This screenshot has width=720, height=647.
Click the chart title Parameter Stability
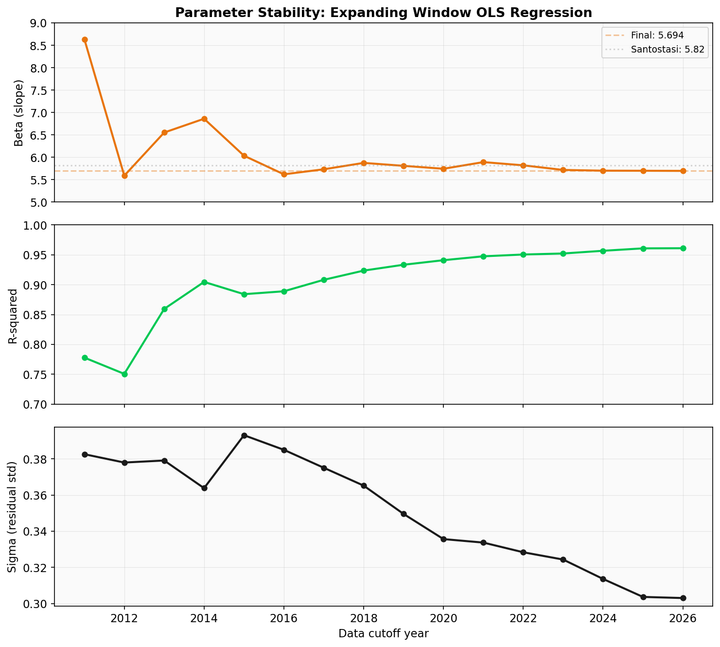pos(384,13)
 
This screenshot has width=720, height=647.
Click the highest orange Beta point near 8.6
pos(85,40)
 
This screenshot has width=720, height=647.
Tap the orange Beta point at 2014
pos(204,119)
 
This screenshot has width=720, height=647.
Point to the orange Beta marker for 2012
pos(124,176)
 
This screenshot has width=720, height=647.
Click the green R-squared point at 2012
pos(124,374)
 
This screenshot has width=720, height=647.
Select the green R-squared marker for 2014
pos(204,282)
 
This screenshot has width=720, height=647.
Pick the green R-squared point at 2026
pos(683,248)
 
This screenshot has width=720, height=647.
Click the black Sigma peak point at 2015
pos(244,435)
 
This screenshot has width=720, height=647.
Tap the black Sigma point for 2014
pos(204,488)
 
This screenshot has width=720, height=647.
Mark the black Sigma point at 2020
pos(443,539)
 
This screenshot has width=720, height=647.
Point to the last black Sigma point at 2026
pos(683,598)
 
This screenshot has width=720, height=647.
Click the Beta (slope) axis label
pos(19,112)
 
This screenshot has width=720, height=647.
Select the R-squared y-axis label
pos(13,315)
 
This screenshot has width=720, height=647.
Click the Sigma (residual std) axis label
pos(13,517)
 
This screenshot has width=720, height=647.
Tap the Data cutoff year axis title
pos(383,634)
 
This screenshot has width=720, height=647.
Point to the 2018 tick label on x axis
pos(364,618)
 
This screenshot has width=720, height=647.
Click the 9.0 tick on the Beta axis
pos(39,23)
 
